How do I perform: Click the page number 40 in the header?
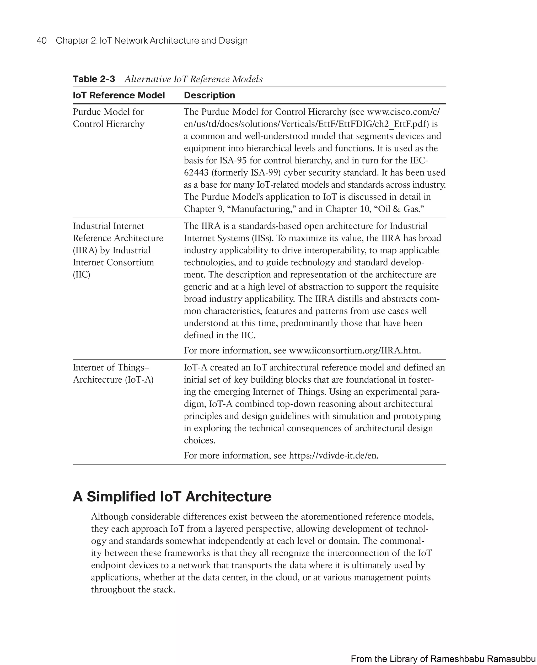[41, 41]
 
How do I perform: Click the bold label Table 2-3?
[94, 79]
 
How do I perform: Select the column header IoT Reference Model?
[119, 95]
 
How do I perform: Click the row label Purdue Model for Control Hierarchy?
[108, 118]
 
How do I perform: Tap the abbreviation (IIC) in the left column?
[81, 275]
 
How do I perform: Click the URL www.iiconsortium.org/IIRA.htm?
[355, 350]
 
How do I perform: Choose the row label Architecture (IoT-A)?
[113, 379]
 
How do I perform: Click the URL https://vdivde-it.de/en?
[334, 455]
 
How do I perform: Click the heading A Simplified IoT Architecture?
[172, 497]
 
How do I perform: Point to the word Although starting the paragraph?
[110, 517]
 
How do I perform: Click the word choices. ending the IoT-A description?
[199, 440]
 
